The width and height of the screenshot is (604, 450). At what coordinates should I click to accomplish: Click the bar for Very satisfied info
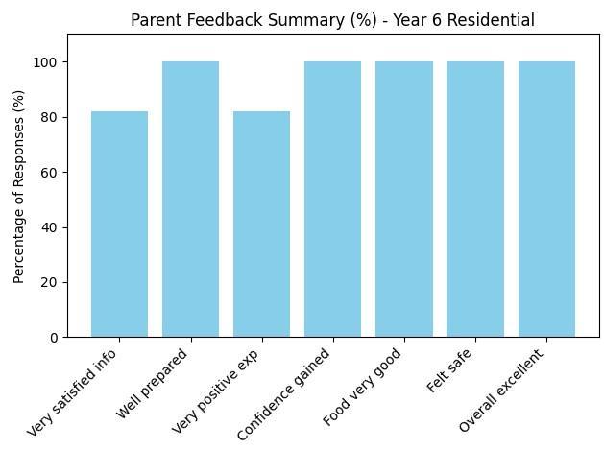[x=119, y=224]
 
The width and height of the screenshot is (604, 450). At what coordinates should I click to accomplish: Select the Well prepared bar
[x=191, y=200]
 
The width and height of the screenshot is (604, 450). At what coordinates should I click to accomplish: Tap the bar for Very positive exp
[x=261, y=224]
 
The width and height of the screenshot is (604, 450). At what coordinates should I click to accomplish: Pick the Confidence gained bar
[x=333, y=200]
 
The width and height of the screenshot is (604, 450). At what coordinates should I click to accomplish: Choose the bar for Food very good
[x=404, y=200]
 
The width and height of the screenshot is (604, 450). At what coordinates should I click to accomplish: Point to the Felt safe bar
[x=475, y=200]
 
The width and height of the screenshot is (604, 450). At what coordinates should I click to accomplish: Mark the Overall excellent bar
[x=547, y=200]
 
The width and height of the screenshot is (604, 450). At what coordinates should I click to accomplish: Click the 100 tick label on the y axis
[x=45, y=62]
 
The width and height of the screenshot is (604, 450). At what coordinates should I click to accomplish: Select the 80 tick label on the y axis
[x=49, y=117]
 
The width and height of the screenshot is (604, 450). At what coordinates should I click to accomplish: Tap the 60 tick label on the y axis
[x=49, y=172]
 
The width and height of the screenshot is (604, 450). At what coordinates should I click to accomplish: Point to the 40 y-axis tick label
[x=49, y=227]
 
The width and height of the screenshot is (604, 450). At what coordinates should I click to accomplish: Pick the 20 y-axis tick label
[x=49, y=282]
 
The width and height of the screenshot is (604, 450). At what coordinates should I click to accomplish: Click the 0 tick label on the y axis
[x=54, y=338]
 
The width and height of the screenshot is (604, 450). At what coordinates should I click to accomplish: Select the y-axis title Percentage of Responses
[x=18, y=187]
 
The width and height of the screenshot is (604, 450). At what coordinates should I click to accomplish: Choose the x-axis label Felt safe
[x=448, y=370]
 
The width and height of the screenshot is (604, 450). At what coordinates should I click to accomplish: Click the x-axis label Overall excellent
[x=501, y=390]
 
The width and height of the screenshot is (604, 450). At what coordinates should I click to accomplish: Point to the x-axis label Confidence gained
[x=283, y=393]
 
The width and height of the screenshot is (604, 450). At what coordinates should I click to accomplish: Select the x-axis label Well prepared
[x=152, y=384]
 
